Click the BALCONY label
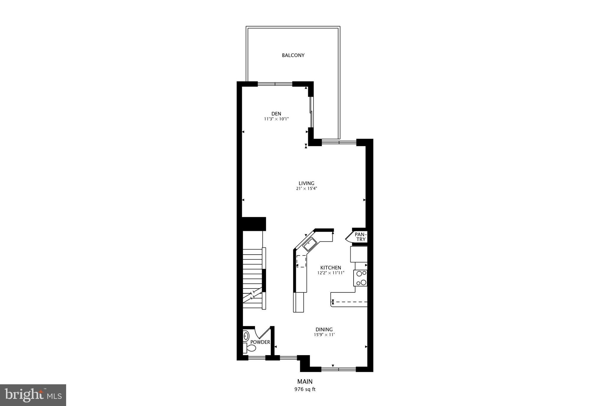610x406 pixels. click(x=293, y=55)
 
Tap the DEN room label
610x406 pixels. click(x=276, y=114)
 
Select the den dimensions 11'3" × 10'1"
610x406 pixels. click(x=276, y=119)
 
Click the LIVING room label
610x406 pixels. click(x=306, y=183)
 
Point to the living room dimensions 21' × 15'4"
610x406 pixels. click(x=306, y=189)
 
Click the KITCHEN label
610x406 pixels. click(x=331, y=268)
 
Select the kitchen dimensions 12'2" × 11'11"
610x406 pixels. click(x=331, y=273)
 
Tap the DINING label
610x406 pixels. click(x=324, y=330)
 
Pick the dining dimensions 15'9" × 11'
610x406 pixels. click(x=324, y=335)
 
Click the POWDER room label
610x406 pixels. click(x=260, y=342)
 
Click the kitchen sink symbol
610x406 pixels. click(x=310, y=245)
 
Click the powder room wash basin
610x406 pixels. click(x=246, y=336)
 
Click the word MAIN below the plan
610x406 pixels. click(x=305, y=382)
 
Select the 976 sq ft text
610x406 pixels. click(x=305, y=389)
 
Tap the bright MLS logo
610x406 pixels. click(x=33, y=395)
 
